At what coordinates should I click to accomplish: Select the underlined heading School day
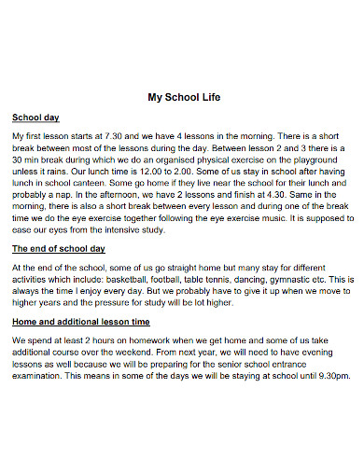tap(35, 118)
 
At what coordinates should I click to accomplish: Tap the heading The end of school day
tap(58, 249)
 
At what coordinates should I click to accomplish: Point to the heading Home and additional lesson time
tap(82, 322)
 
